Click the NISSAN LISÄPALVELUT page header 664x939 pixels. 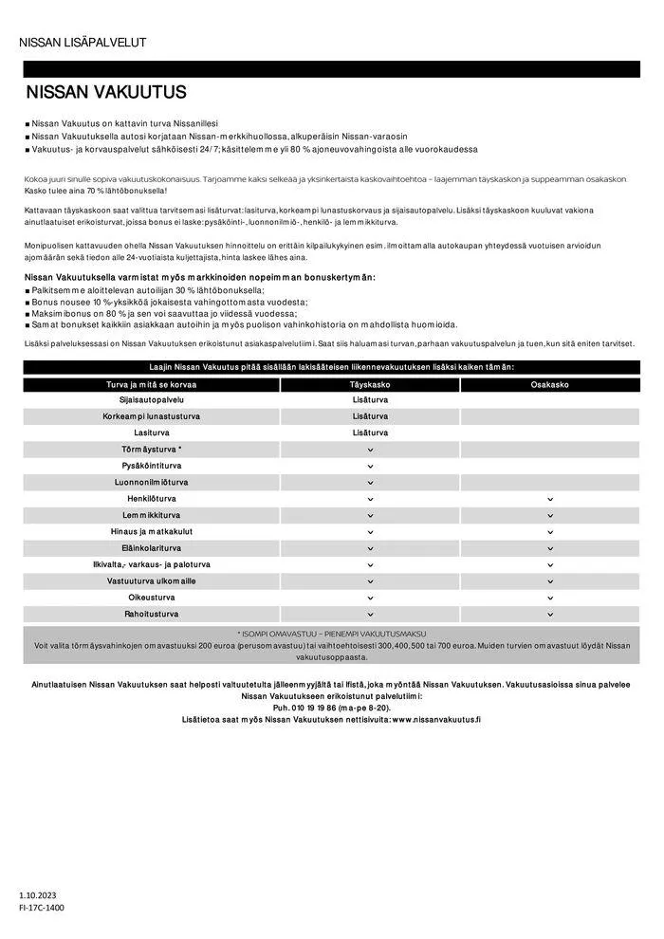(83, 42)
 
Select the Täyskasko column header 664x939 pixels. (369, 384)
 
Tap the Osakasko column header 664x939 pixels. (549, 384)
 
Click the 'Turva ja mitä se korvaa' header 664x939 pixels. (151, 384)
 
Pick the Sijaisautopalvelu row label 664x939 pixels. (151, 400)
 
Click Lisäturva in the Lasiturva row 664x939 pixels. (369, 433)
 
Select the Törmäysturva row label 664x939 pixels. (151, 449)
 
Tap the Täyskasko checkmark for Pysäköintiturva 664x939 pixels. (369, 466)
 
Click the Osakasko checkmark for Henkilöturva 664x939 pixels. (549, 499)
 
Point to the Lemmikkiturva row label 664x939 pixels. (151, 515)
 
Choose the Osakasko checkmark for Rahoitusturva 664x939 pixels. (549, 615)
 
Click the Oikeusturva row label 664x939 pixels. (151, 598)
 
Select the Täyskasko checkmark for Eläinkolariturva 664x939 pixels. (369, 548)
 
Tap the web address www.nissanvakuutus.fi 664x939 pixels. (435, 720)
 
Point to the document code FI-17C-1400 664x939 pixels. (42, 908)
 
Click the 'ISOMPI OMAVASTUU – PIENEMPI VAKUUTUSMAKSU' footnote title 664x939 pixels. (331, 633)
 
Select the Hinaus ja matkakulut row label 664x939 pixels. (151, 532)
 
